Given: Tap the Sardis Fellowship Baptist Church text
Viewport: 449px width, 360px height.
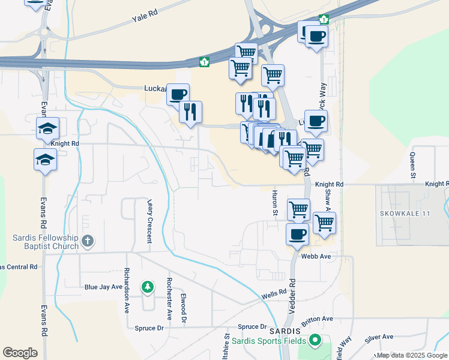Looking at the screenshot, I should coord(46,242).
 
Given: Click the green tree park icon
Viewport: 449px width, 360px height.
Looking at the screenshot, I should coord(147,287).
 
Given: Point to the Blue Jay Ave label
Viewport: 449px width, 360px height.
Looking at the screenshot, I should coord(103,287).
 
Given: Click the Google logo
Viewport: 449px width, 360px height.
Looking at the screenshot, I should coord(20,353).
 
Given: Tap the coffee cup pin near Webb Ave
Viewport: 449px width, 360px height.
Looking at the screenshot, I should coord(297,234).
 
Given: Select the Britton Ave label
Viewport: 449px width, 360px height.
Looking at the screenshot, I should coord(317,320).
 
